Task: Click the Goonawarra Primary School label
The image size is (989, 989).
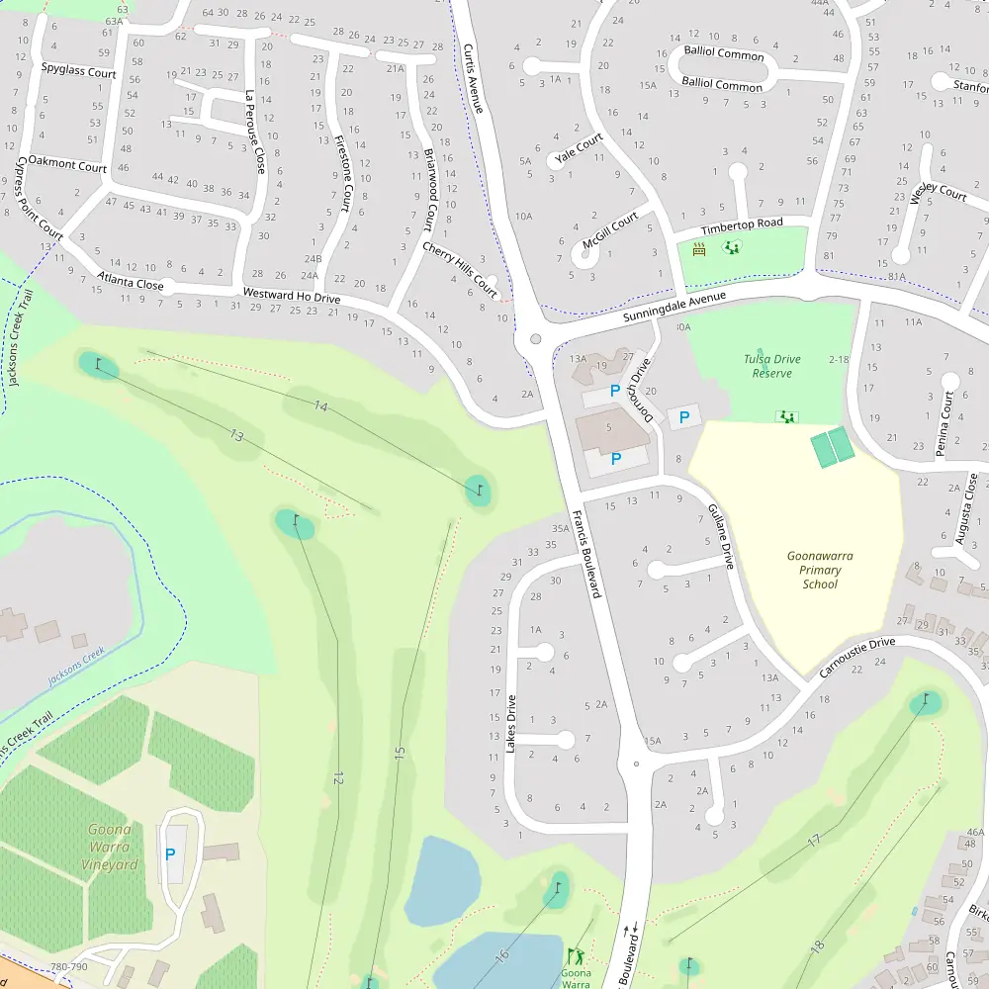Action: tap(820, 570)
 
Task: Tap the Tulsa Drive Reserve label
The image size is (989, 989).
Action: tap(772, 366)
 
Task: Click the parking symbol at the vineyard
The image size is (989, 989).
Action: tap(169, 854)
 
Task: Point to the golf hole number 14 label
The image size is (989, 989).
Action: tap(319, 406)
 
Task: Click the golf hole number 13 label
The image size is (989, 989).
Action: tap(235, 435)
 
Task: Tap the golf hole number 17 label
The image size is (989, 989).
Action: tap(814, 841)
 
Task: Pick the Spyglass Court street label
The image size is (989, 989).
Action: tap(78, 71)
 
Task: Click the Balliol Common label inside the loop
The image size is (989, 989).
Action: tap(723, 54)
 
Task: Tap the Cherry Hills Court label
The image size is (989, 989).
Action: tap(460, 270)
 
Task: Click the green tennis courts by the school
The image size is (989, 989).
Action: tap(833, 448)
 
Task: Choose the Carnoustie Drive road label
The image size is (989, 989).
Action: tap(856, 657)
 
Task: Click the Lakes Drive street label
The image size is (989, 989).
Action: tap(510, 725)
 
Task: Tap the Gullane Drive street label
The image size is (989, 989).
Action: tap(720, 535)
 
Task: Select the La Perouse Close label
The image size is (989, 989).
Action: tap(254, 133)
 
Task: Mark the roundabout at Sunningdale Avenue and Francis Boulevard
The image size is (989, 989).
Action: tap(536, 339)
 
